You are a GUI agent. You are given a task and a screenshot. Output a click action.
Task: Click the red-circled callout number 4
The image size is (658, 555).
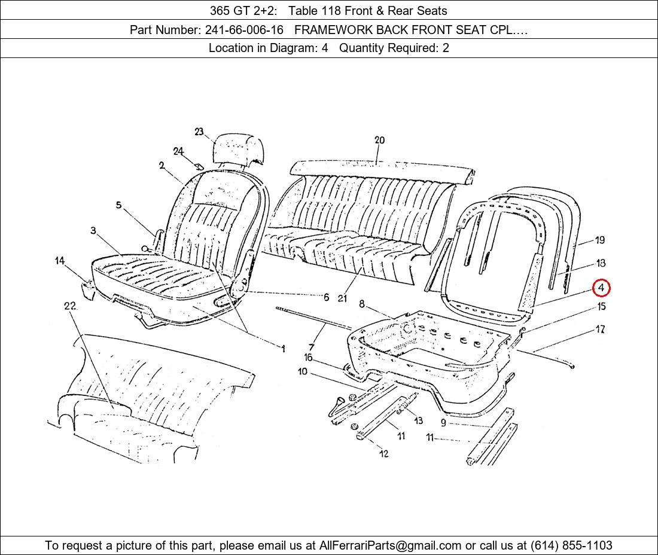pos(601,288)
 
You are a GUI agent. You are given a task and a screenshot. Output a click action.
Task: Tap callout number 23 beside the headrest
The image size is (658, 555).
pos(199,132)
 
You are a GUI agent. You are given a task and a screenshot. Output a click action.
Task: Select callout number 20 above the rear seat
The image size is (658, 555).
pos(379,140)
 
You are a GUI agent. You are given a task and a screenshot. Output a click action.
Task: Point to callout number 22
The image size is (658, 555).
pos(69,306)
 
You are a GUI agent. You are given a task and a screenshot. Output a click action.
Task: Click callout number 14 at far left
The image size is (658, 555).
pos(60,261)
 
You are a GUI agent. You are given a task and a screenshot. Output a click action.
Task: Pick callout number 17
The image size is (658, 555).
pos(601,330)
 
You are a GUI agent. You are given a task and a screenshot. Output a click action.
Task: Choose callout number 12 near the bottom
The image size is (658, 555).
pos(384,453)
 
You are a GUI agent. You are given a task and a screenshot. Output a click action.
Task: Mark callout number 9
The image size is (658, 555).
pos(443,423)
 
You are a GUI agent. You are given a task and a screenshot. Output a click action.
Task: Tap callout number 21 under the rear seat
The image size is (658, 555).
pos(342,298)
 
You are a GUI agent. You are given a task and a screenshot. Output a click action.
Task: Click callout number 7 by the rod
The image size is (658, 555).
pos(312,347)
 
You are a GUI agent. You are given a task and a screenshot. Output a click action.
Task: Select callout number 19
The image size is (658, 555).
pos(600,240)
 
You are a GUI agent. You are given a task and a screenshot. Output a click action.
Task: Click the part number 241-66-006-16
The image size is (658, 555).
pos(244,30)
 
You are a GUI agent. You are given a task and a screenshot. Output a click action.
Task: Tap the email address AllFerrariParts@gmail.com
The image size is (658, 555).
pos(391,545)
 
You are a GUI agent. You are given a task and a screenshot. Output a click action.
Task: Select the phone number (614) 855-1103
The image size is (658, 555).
pos(571,545)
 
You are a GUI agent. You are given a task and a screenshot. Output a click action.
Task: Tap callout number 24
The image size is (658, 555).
pos(178,151)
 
